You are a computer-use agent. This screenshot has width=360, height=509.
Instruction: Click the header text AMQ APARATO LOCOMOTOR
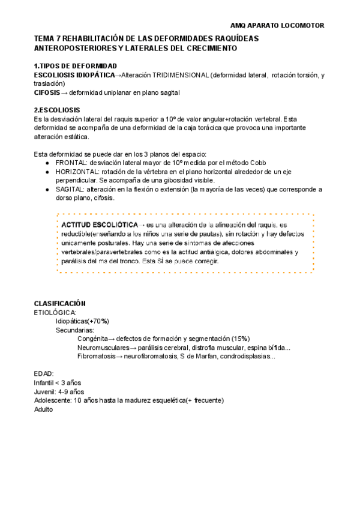[277, 26]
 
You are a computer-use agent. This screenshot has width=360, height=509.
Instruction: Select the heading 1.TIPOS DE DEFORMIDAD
[76, 66]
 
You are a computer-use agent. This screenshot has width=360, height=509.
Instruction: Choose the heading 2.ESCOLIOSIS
[57, 110]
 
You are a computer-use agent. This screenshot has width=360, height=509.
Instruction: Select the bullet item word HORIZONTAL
[75, 172]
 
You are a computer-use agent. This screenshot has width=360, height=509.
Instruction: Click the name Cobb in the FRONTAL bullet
[258, 163]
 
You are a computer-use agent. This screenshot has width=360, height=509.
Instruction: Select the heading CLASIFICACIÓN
[60, 304]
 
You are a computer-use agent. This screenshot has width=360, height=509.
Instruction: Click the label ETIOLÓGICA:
[55, 313]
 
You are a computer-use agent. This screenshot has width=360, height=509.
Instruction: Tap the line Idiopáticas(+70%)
[82, 321]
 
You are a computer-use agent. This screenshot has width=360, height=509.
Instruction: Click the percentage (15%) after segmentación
[239, 339]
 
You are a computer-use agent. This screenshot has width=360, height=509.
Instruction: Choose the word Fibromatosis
[96, 356]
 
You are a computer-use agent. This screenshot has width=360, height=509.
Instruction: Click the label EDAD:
[44, 373]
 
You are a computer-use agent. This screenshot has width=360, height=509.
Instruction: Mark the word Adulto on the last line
[44, 409]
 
